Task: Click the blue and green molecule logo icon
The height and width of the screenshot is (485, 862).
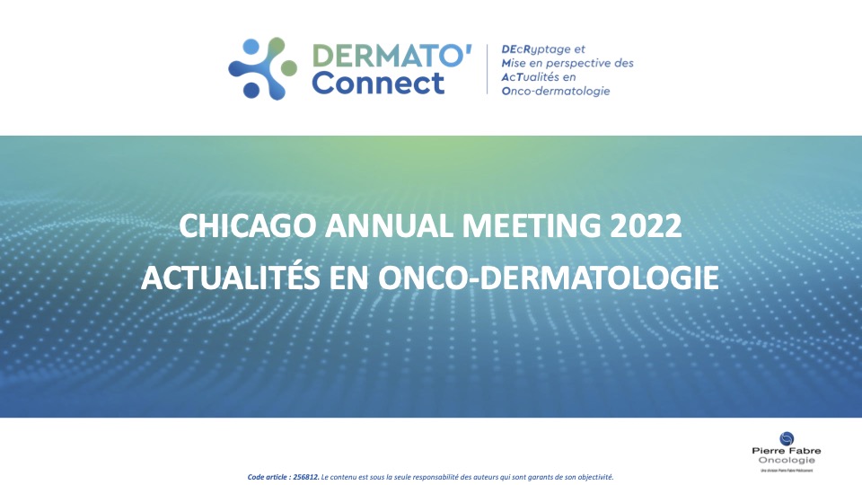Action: tap(261, 68)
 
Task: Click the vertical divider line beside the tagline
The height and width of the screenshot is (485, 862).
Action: tap(488, 70)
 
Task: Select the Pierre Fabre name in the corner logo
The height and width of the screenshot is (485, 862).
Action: tap(787, 451)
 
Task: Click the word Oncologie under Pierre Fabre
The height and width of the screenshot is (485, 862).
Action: tap(787, 460)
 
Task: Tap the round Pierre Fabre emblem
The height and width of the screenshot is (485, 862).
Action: tap(787, 437)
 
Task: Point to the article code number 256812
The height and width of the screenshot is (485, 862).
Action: tap(306, 476)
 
